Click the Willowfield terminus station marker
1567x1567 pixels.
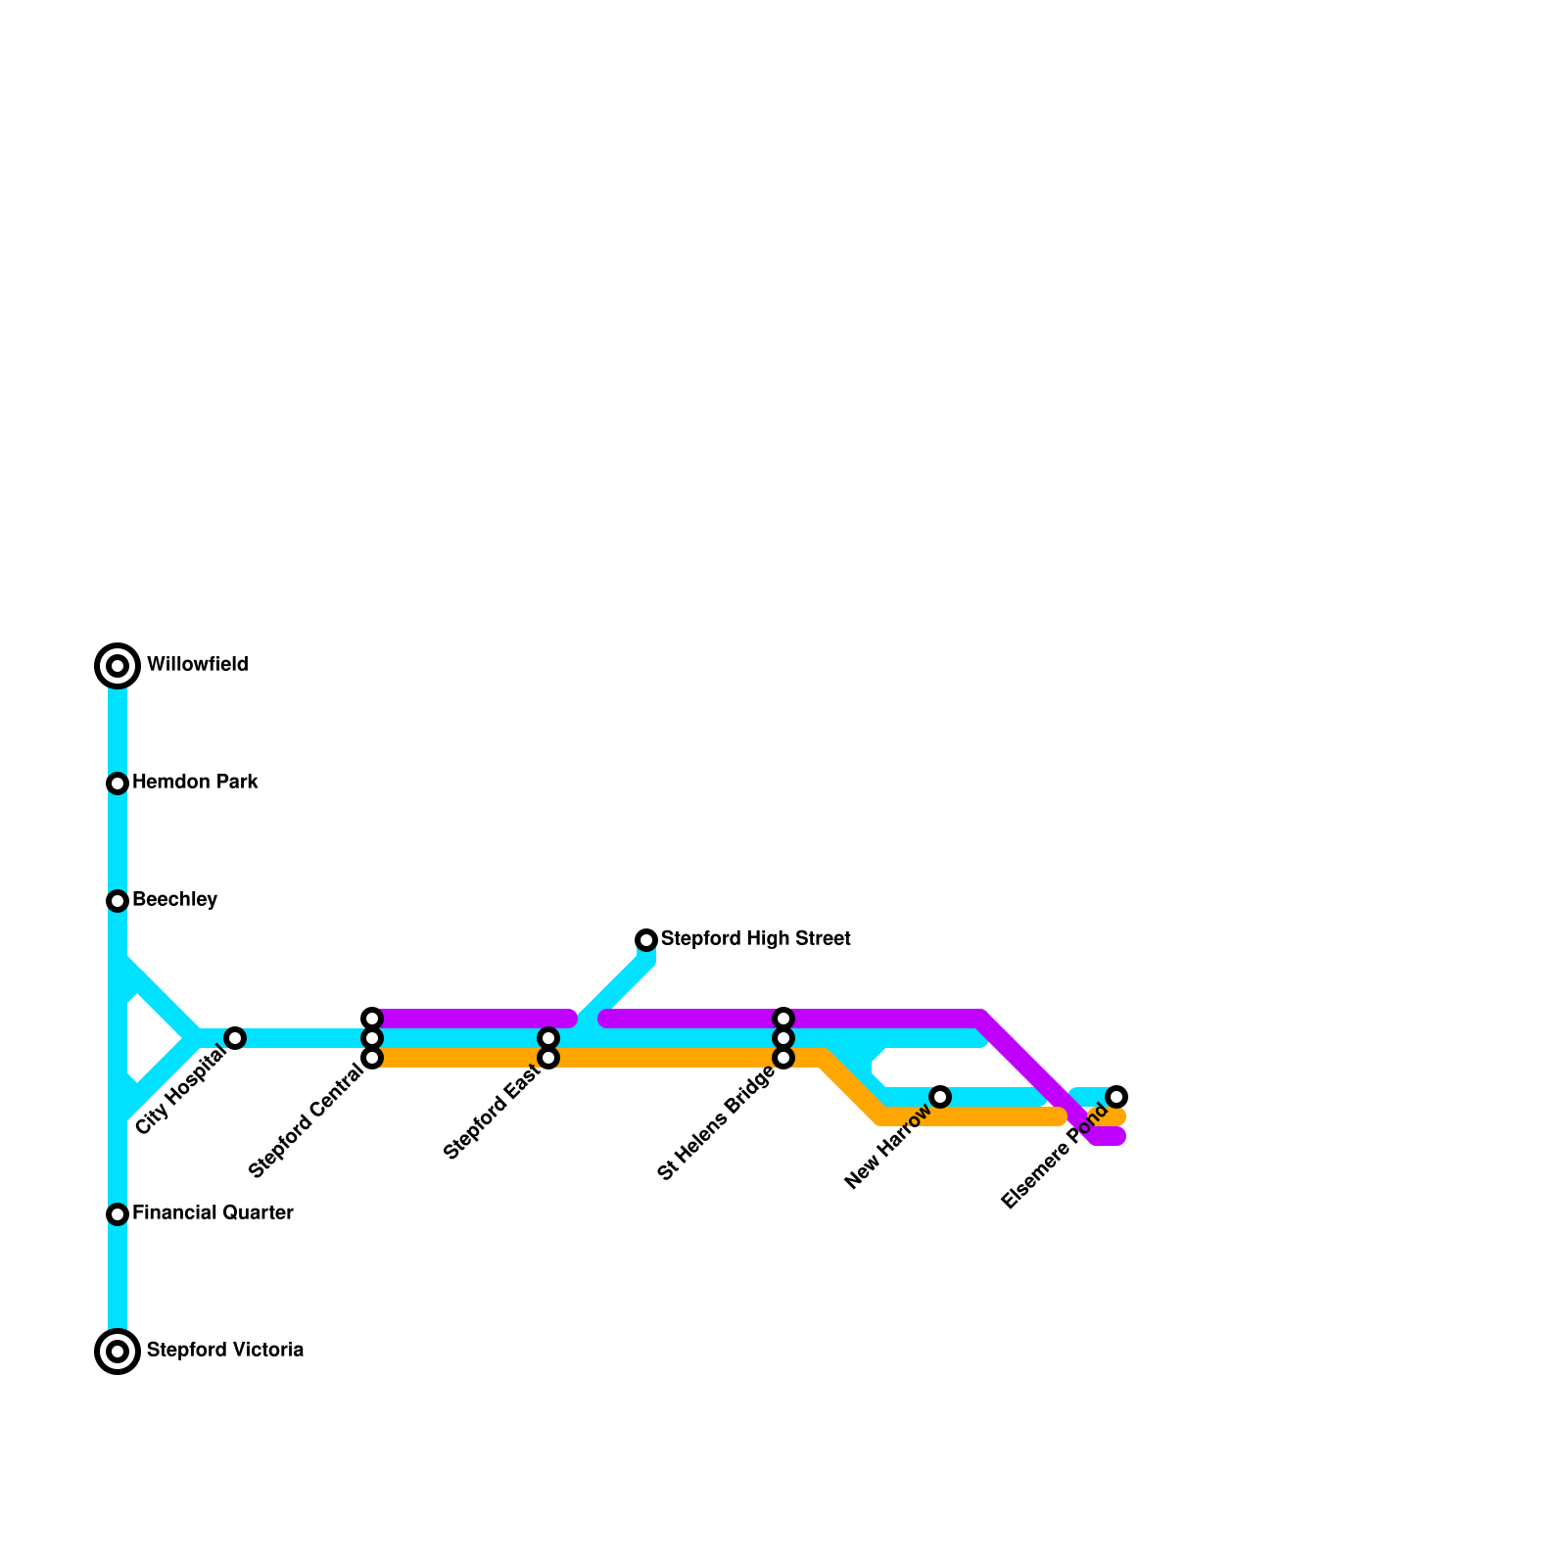[x=118, y=666]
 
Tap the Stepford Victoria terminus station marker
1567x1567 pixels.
[x=118, y=1352]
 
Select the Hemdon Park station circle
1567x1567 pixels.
[x=118, y=783]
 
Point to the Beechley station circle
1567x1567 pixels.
[x=118, y=901]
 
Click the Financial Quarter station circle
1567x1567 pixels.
[x=118, y=1214]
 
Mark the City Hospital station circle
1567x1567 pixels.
[x=235, y=1038]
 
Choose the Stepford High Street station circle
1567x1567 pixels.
[x=646, y=940]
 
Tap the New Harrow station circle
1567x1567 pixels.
[x=940, y=1097]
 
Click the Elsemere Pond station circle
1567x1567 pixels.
[x=1116, y=1097]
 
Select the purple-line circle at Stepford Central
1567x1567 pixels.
[x=372, y=1019]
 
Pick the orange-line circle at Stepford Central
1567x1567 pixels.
[x=372, y=1058]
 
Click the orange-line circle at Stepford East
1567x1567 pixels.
[x=548, y=1058]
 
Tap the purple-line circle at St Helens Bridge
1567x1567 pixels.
[x=783, y=1019]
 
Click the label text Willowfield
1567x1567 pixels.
[x=197, y=665]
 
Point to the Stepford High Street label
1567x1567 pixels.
[x=755, y=939]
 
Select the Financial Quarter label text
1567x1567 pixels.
[x=213, y=1213]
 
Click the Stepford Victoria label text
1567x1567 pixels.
[x=224, y=1351]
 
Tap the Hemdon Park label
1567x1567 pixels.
[x=195, y=783]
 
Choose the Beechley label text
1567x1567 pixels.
[x=174, y=900]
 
